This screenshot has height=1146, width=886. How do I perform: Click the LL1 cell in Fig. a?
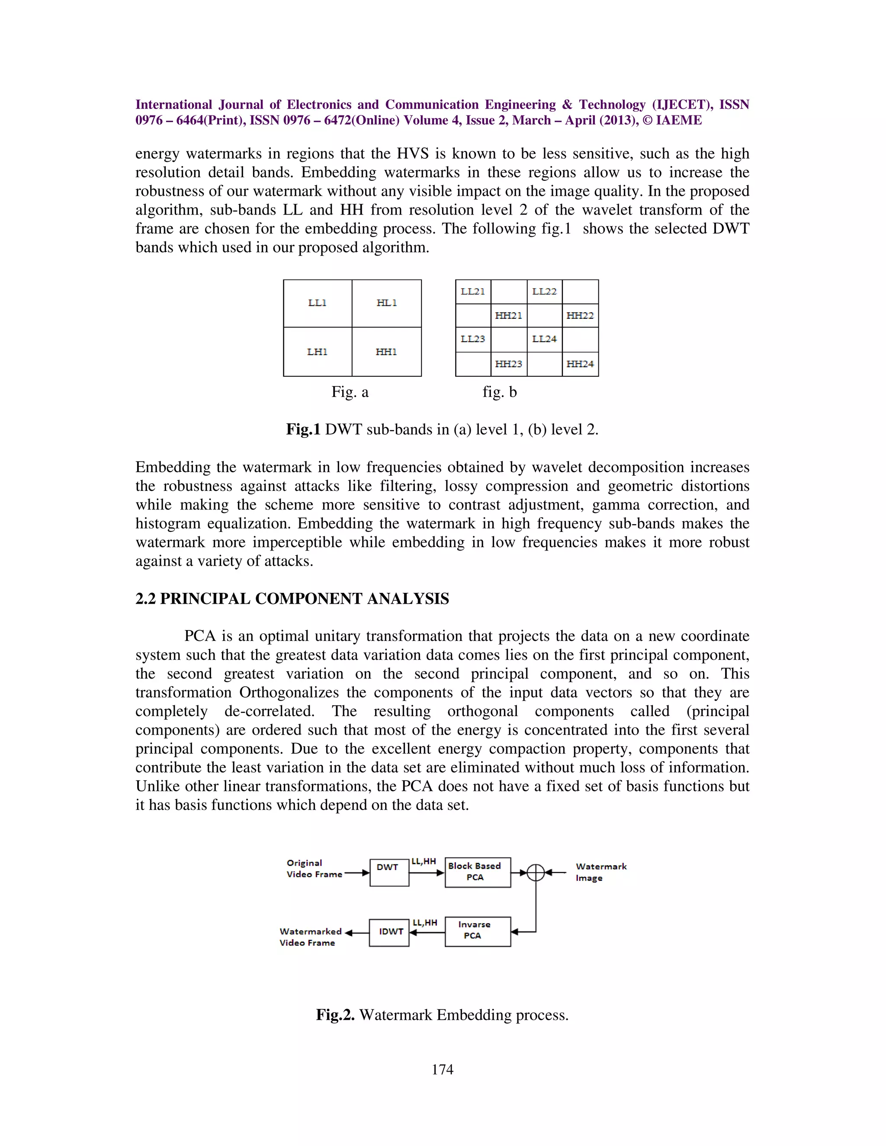tap(318, 303)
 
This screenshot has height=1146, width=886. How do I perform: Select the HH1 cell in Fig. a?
tap(386, 352)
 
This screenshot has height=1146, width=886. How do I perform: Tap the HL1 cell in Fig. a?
tap(386, 303)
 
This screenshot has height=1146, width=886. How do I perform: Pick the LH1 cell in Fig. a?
tap(318, 352)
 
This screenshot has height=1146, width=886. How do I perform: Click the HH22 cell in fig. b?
tap(580, 315)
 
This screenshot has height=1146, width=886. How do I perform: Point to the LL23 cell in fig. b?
tap(473, 339)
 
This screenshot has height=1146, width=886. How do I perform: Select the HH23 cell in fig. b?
tap(509, 364)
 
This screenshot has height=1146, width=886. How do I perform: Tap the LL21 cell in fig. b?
tap(473, 292)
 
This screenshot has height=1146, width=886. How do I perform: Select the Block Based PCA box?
tap(477, 872)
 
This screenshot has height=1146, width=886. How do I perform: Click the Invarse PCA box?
tap(477, 932)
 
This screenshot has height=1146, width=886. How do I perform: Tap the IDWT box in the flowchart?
tap(389, 932)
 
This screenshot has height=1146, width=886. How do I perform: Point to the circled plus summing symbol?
tap(536, 872)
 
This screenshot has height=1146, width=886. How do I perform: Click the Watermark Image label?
tap(600, 872)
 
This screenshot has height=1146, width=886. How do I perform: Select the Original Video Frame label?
tap(314, 868)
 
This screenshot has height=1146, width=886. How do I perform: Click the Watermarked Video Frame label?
tap(310, 937)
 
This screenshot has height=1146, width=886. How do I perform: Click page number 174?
tap(443, 1069)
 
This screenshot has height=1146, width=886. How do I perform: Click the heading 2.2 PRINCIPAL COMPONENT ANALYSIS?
tap(292, 599)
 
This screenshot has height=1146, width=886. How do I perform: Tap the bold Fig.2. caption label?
tap(335, 1015)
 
